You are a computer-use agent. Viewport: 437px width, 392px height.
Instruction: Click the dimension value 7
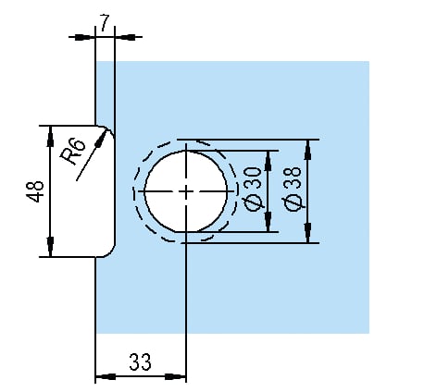(105, 23)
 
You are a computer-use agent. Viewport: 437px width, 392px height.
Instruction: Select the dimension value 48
(35, 191)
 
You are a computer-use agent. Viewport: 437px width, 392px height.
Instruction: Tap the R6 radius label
(72, 152)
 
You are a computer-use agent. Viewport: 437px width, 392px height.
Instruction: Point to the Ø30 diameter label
(253, 189)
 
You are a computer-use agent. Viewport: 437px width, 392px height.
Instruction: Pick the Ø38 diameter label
(292, 189)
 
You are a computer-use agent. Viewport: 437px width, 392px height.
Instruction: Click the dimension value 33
(140, 361)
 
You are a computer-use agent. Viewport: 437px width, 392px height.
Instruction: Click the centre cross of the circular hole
(186, 191)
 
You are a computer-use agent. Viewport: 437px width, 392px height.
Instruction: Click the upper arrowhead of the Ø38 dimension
(307, 150)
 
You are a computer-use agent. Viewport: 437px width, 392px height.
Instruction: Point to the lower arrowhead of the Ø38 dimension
(307, 233)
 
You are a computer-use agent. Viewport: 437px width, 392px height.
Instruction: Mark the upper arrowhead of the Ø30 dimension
(268, 161)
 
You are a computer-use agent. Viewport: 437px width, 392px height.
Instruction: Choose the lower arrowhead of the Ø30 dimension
(268, 222)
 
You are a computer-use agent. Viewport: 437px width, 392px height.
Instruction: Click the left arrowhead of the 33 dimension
(106, 376)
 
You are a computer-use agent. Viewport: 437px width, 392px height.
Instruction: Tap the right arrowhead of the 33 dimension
(176, 376)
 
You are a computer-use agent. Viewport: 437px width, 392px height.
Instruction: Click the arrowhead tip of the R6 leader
(106, 130)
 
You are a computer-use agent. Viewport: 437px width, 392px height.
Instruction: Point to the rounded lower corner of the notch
(111, 252)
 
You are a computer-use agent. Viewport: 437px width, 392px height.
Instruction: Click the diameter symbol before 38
(292, 202)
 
